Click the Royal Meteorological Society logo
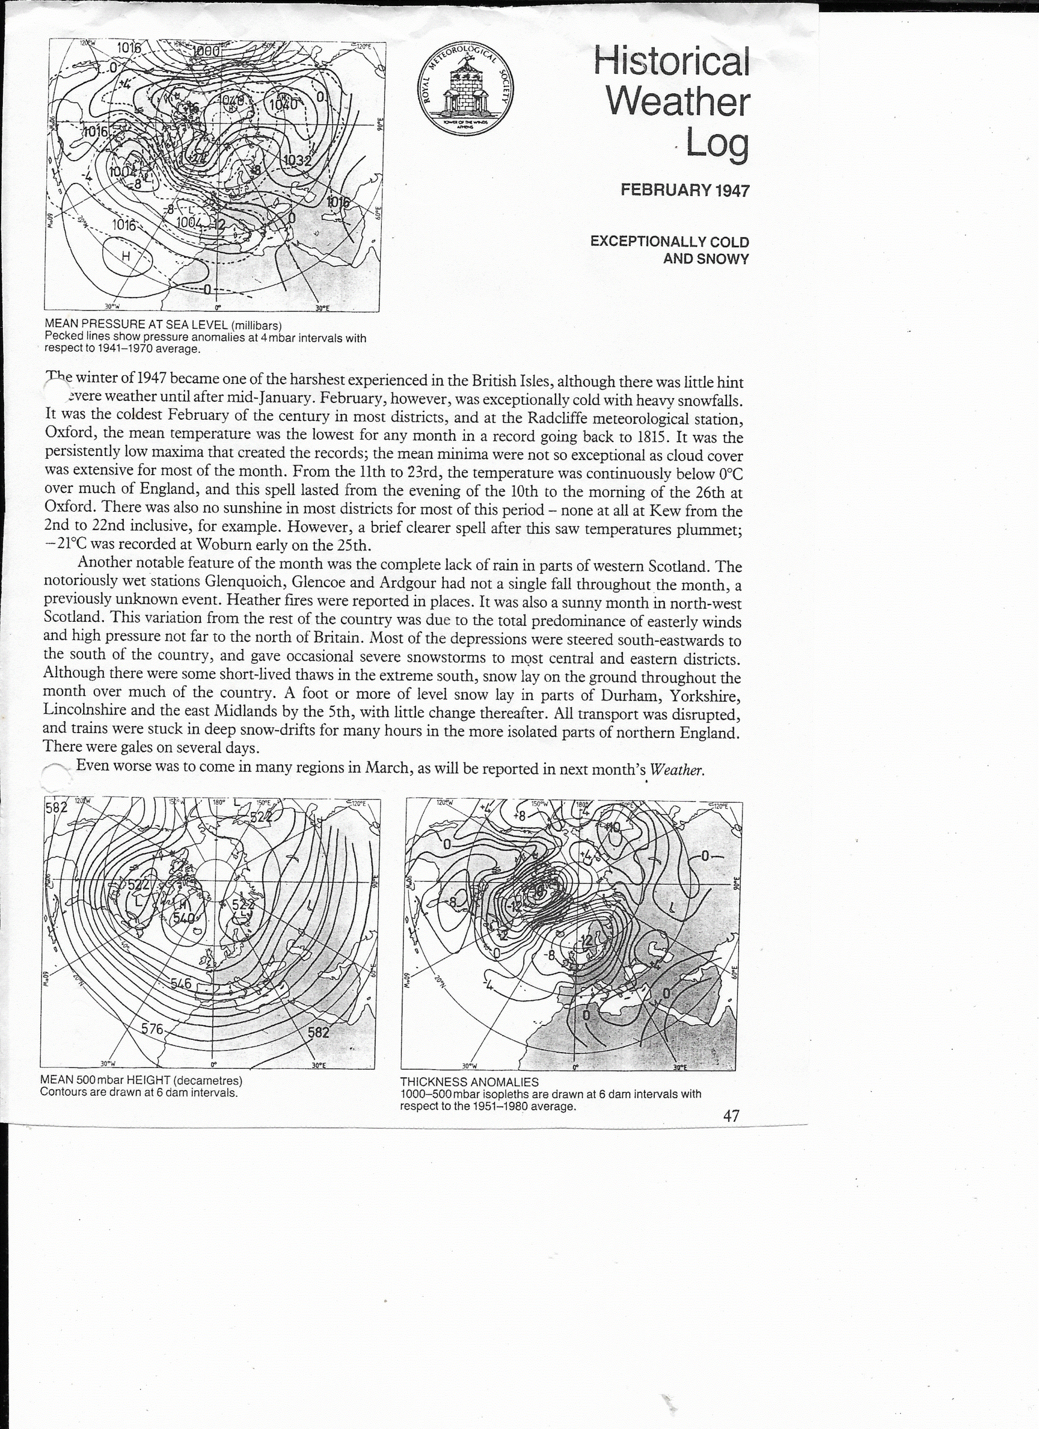[x=466, y=92]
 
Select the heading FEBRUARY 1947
[x=685, y=190]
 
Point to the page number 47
[x=731, y=1116]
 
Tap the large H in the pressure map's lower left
[x=126, y=256]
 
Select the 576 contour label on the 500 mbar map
[x=152, y=1029]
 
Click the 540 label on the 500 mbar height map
[x=184, y=917]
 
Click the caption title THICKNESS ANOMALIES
[x=469, y=1082]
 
